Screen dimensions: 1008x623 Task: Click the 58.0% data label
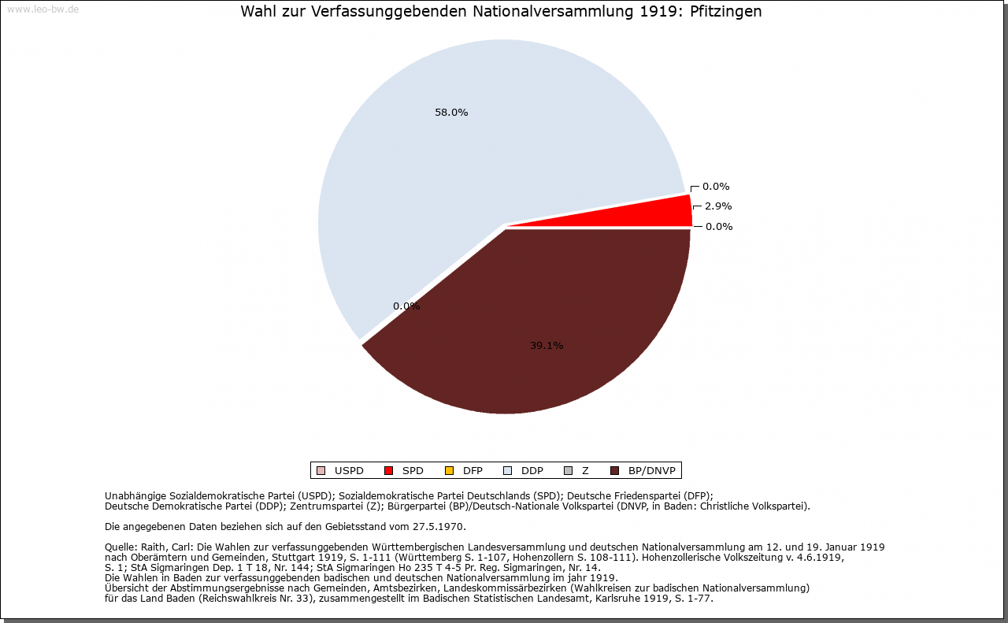coord(451,113)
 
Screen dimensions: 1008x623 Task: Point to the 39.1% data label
coord(547,346)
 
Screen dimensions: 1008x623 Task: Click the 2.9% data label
coord(718,206)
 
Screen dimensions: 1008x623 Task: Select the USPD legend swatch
coord(321,470)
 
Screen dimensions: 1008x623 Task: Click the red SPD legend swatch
coord(389,470)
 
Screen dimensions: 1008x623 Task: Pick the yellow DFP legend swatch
coord(449,470)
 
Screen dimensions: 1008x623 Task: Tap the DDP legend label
coord(532,471)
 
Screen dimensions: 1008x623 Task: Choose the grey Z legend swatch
coord(569,470)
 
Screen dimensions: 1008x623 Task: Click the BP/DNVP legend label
coord(651,471)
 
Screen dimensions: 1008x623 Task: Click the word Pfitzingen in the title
coord(726,12)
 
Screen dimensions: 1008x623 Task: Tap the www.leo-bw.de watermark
coord(43,9)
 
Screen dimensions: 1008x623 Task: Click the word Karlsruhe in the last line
coord(618,599)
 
